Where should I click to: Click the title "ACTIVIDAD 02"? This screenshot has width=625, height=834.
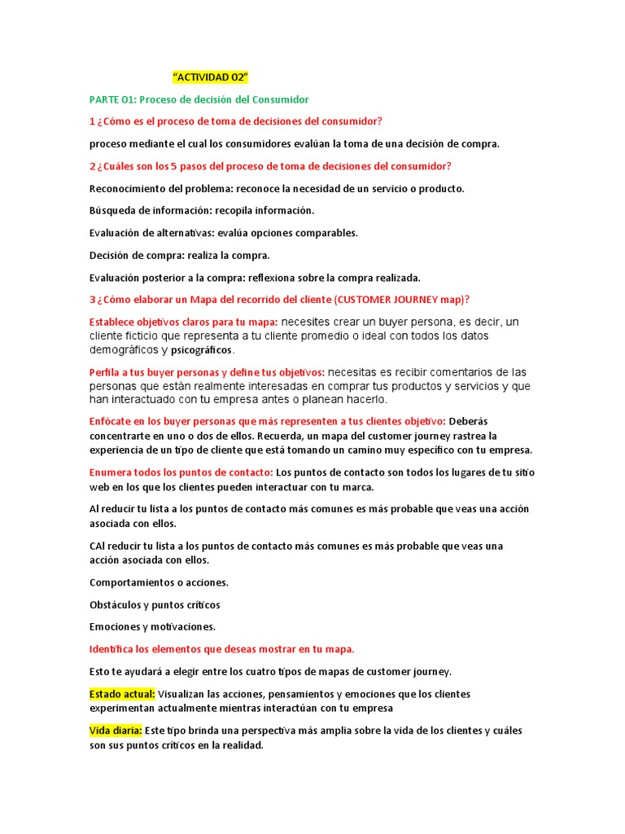tap(210, 77)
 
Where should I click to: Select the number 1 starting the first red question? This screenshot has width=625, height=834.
tap(92, 121)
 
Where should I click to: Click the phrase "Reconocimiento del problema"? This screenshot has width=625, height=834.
tap(155, 188)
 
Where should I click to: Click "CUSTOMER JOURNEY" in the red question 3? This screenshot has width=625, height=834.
tap(385, 299)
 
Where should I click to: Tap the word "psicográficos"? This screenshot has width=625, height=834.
tap(202, 350)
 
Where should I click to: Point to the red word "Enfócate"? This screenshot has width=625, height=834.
tap(112, 421)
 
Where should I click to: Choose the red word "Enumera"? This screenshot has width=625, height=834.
tap(111, 472)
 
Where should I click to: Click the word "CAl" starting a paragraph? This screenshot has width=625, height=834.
tap(98, 546)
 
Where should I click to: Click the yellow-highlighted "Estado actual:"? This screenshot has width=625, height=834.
tap(122, 694)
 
